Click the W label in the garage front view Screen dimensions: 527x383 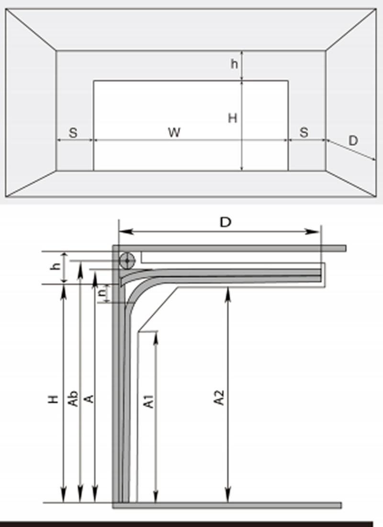coord(174,133)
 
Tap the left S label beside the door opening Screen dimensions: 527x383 coord(73,133)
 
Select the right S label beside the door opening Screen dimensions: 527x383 coord(304,133)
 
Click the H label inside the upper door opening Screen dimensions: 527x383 coord(233,118)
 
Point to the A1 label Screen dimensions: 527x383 coord(149,401)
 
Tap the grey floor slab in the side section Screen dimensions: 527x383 coord(227,505)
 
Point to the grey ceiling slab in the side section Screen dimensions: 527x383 coord(230,248)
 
